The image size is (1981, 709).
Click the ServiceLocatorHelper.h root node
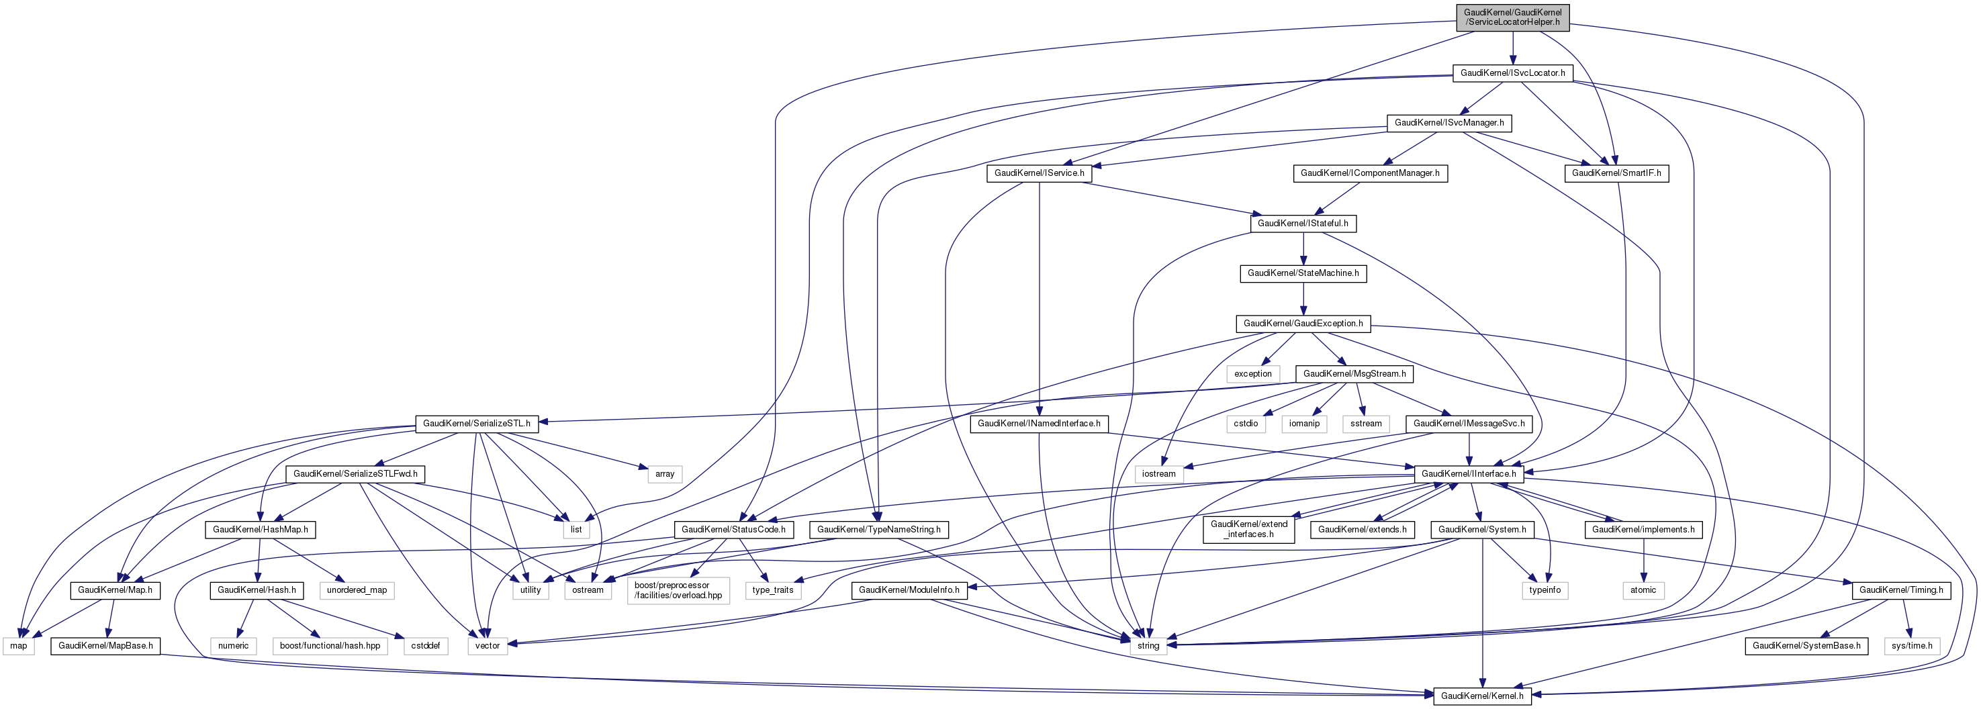coord(1512,17)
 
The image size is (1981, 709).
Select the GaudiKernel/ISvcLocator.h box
coord(1512,73)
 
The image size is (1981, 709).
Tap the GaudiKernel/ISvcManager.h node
coord(1449,123)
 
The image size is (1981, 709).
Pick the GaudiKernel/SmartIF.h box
coord(1616,173)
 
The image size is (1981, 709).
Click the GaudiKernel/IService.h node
coord(1039,173)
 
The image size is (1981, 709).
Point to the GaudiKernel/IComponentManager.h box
coord(1370,173)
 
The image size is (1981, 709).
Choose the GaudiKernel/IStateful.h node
coord(1303,224)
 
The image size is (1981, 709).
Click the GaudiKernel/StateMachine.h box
coord(1303,274)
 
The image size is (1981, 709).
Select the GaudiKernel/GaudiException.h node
coord(1303,324)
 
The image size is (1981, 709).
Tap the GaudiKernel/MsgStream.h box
coord(1354,374)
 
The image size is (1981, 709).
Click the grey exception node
coord(1253,374)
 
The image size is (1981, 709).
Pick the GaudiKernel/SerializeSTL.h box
coord(476,424)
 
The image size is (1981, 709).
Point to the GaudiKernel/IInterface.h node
coord(1468,474)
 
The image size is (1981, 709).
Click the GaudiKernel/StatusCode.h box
coord(733,530)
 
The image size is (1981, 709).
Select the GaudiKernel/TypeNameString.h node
coord(878,530)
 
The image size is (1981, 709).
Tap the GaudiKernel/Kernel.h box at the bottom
coord(1481,696)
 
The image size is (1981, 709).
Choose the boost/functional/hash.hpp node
coord(330,646)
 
